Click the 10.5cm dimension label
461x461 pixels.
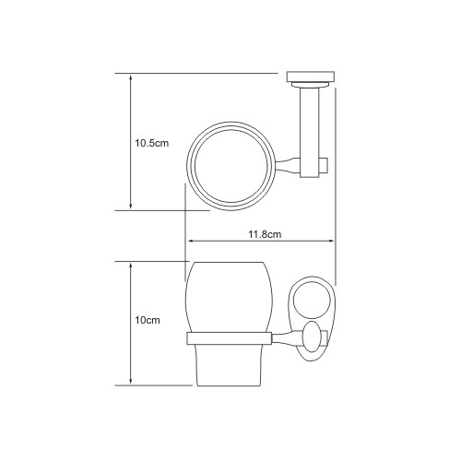[152, 143]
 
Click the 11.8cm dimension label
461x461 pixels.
[265, 234]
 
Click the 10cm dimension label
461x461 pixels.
[148, 320]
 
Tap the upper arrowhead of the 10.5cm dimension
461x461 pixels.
[131, 77]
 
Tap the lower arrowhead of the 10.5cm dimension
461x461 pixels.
[131, 207]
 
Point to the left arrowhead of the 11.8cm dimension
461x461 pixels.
[191, 241]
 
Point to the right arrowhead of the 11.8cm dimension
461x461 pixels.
[331, 241]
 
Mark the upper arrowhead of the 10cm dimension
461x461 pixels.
[131, 266]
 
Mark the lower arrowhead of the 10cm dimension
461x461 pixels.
[131, 382]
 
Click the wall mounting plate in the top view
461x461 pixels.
[311, 77]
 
